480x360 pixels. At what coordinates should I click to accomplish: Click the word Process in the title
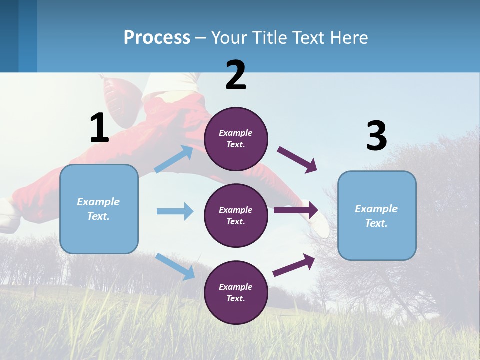point(157,37)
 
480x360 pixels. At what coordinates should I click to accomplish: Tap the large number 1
point(99,128)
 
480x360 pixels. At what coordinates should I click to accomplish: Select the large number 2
point(236,76)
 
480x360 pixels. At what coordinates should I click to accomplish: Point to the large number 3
point(376,136)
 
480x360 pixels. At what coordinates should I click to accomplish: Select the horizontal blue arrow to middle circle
point(175,211)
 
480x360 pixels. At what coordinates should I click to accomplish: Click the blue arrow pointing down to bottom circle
point(175,266)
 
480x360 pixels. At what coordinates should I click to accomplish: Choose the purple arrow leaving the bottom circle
point(294,265)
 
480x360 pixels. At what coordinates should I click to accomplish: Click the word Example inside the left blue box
point(98,202)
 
